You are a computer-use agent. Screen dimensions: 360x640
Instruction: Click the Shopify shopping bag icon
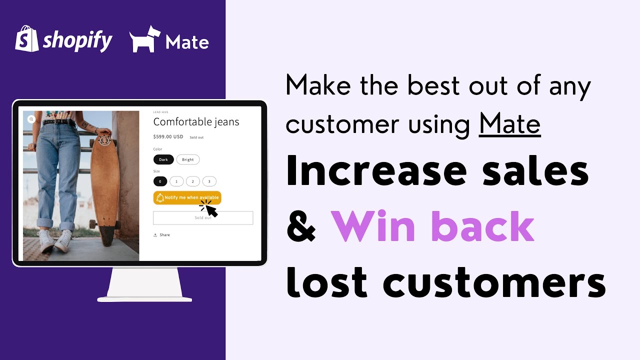click(x=27, y=39)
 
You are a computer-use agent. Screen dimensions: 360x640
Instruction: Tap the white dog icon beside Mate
click(x=145, y=39)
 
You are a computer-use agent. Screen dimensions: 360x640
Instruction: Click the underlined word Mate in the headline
click(x=509, y=124)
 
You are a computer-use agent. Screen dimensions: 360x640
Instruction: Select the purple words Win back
click(x=432, y=227)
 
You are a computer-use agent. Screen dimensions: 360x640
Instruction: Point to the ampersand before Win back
click(x=301, y=227)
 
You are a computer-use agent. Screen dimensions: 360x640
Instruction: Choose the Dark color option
click(x=163, y=159)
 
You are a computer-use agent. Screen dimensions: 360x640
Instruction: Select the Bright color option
click(x=188, y=159)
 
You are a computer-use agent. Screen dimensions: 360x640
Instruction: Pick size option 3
click(x=209, y=181)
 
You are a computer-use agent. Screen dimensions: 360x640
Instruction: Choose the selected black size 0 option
click(x=160, y=181)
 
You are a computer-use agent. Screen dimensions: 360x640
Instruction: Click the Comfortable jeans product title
click(x=196, y=122)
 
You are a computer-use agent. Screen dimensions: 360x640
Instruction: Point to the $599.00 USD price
click(x=168, y=136)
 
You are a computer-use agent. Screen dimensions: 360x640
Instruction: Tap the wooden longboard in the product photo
click(x=105, y=185)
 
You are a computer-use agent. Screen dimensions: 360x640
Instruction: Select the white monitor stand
click(x=144, y=285)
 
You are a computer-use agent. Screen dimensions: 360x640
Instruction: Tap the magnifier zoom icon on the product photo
click(x=31, y=119)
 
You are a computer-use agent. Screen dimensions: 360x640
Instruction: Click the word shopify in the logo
click(x=77, y=40)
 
